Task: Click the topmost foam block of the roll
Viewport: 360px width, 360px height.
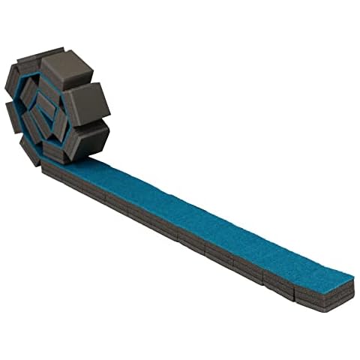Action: (66, 69)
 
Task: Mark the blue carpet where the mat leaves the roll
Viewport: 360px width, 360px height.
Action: (97, 166)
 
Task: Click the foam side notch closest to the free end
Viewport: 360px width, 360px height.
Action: (293, 289)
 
